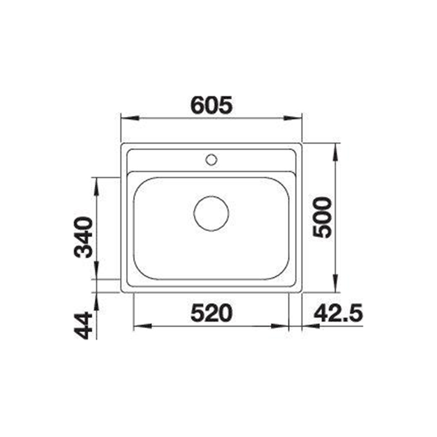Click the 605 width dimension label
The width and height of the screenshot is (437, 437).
tap(211, 105)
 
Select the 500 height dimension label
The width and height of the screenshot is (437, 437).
tap(322, 217)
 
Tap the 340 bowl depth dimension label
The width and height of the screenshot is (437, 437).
tap(83, 238)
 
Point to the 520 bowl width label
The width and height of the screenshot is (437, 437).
tap(211, 312)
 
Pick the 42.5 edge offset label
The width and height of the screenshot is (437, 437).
tap(338, 312)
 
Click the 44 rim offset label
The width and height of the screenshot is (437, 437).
tap(83, 326)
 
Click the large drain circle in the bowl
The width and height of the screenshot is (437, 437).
tap(211, 213)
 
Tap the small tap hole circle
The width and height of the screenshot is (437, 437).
tap(211, 160)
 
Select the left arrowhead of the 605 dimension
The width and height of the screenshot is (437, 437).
tap(130, 118)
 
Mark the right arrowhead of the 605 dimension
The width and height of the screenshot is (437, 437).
tap(293, 118)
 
